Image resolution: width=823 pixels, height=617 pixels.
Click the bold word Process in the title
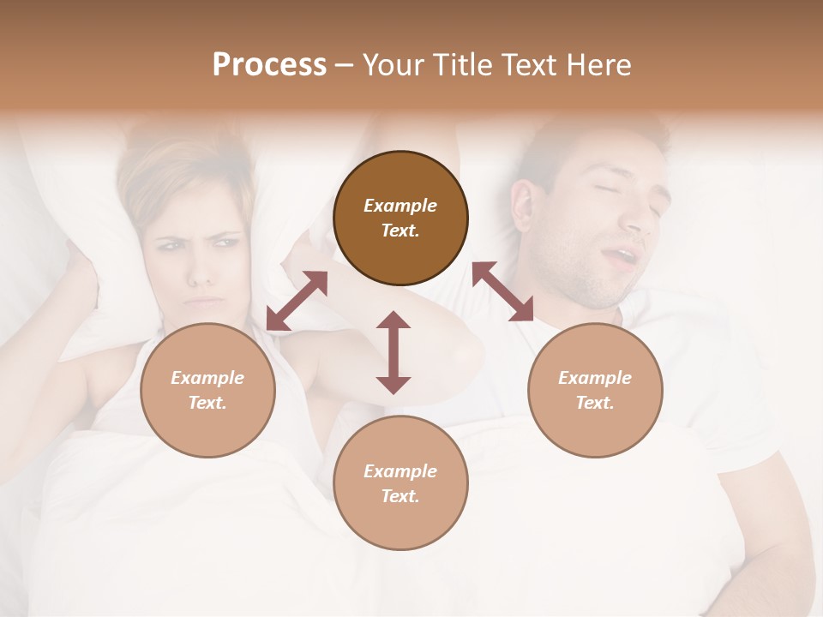(269, 65)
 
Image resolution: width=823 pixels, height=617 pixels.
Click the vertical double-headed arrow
(393, 352)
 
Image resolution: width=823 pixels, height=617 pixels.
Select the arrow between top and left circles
(297, 301)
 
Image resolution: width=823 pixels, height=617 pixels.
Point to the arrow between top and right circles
(502, 291)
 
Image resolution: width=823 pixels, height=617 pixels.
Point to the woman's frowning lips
(204, 302)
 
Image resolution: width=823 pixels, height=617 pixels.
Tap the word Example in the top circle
(400, 206)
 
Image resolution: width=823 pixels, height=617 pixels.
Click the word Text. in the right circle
(595, 403)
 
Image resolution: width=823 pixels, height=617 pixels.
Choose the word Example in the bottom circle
(400, 471)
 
